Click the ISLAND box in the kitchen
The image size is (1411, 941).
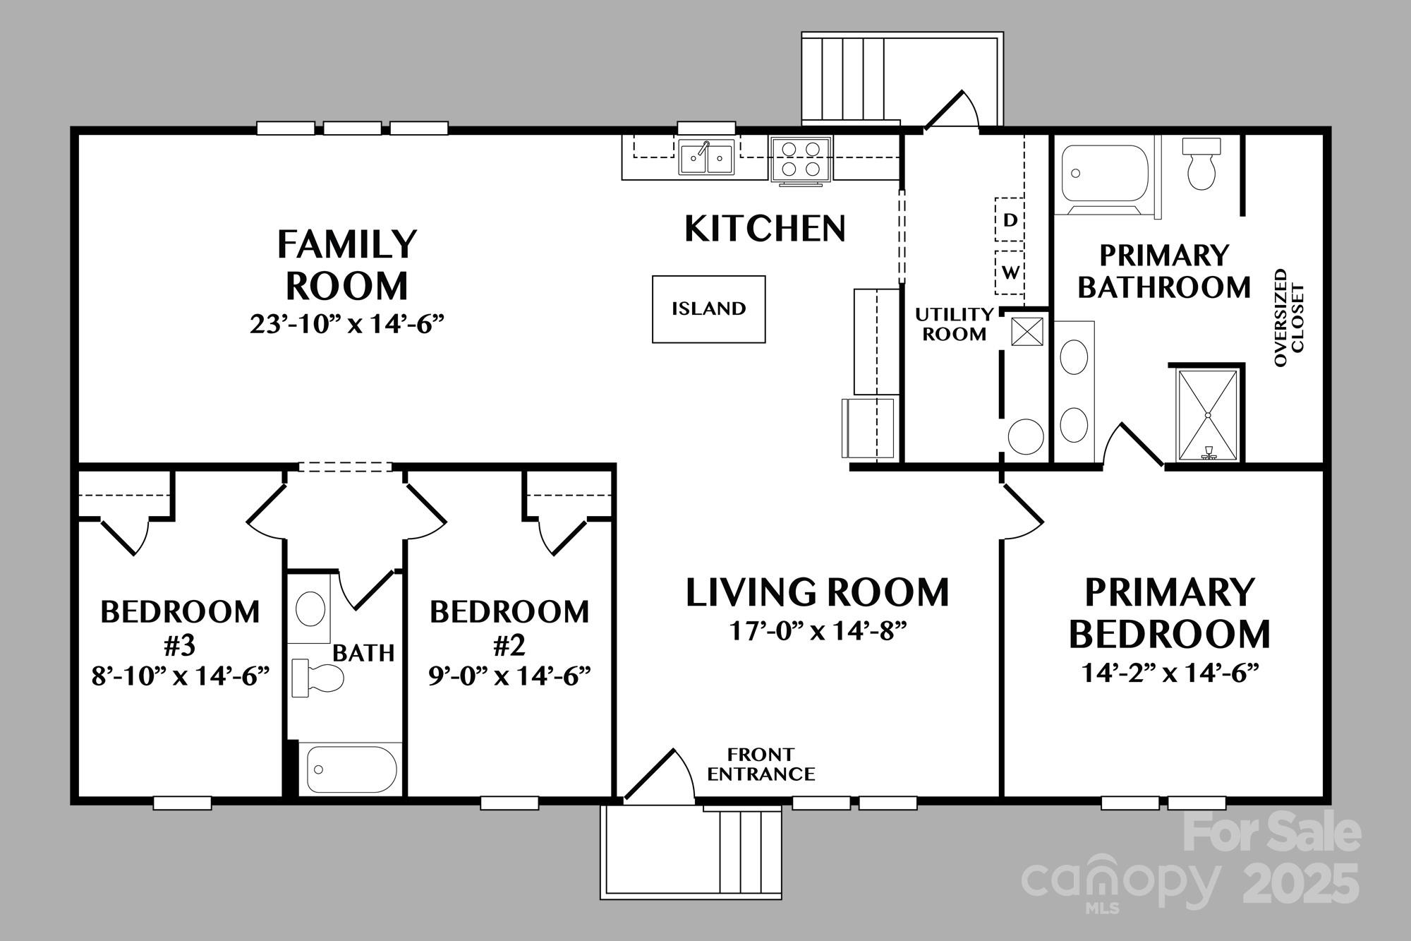tap(708, 309)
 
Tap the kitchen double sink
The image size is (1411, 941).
tap(706, 157)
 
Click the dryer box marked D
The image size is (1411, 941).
tap(1010, 220)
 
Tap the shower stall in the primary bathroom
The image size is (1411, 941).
tap(1208, 415)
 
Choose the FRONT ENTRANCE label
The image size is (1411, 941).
tap(761, 765)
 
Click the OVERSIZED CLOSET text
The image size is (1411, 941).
tap(1290, 317)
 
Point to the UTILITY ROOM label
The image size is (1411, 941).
tap(955, 324)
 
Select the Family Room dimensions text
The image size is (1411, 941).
tap(347, 324)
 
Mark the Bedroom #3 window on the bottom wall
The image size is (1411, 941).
tap(182, 803)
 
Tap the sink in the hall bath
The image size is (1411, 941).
tap(310, 609)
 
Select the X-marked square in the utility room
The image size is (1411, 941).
tap(1027, 332)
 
